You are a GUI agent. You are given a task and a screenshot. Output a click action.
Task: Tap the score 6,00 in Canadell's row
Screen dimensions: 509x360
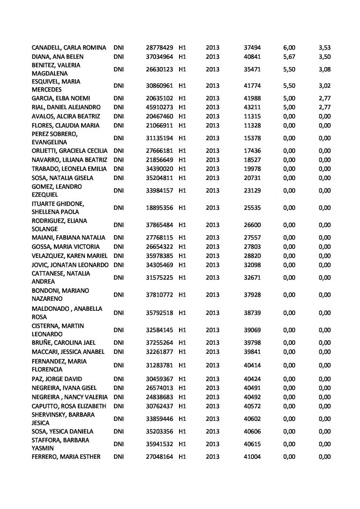(289, 48)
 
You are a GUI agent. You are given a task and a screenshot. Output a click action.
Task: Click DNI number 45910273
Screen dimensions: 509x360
(160, 107)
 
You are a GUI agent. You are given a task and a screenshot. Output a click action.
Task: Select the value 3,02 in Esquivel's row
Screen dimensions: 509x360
(324, 86)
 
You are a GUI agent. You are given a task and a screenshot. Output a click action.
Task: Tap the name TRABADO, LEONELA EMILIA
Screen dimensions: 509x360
(69, 169)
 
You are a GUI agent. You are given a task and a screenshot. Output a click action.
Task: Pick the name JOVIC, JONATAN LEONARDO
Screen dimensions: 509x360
(70, 264)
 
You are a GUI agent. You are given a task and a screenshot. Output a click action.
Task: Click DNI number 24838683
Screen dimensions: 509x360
(160, 397)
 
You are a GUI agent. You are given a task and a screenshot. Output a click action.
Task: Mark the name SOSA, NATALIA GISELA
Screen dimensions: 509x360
(62, 178)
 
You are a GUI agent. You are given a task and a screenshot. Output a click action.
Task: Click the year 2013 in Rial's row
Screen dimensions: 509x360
(213, 107)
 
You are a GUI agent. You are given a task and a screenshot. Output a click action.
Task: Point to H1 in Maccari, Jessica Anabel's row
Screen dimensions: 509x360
(183, 352)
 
